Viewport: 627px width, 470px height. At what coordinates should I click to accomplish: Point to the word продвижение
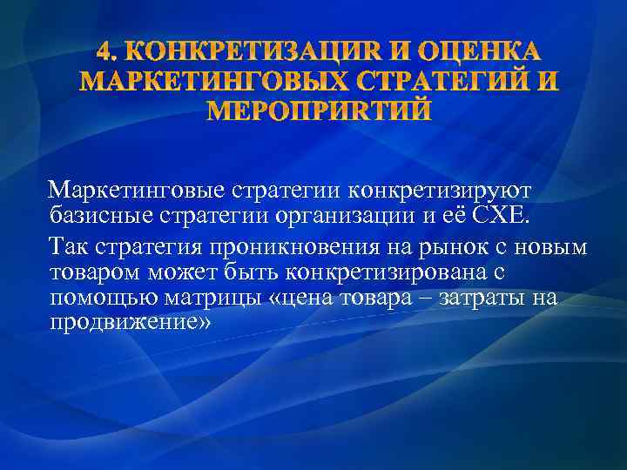[x=131, y=323]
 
